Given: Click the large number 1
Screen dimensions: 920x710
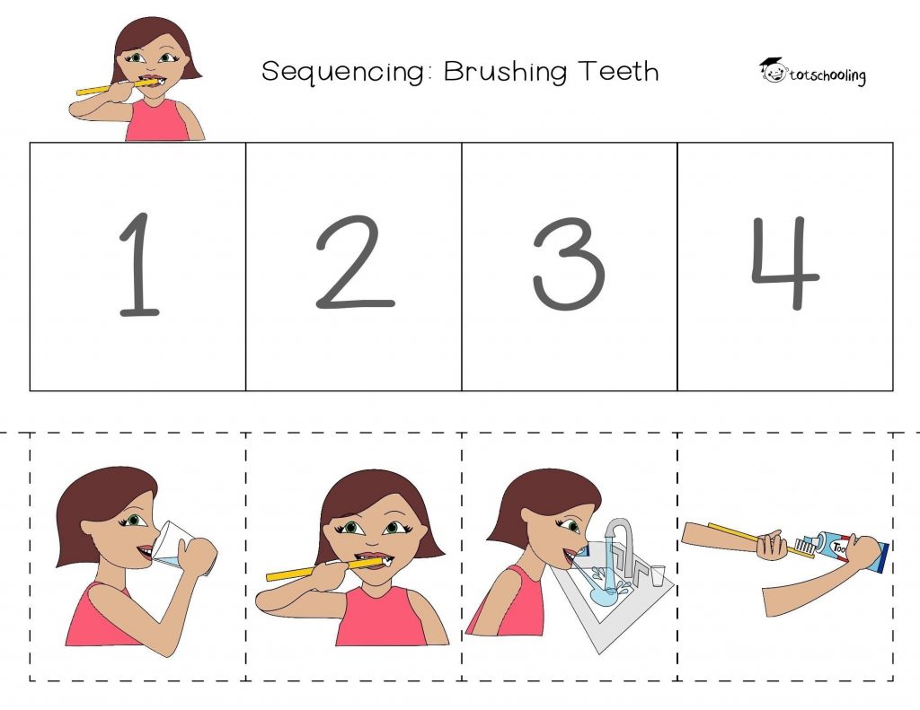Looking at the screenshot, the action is (x=139, y=264).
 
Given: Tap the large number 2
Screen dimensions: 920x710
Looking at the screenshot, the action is (x=354, y=263).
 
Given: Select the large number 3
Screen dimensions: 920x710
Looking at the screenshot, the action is (x=569, y=263).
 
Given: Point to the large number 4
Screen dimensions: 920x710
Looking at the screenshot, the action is (x=786, y=263).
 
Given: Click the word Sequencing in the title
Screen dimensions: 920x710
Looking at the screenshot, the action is (x=343, y=72).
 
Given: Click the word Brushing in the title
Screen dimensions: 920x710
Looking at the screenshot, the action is (x=505, y=72).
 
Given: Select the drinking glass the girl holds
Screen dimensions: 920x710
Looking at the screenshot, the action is (x=181, y=545).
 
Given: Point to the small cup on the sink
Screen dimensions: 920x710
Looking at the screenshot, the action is (x=658, y=575).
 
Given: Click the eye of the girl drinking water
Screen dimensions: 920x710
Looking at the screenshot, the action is (x=135, y=520).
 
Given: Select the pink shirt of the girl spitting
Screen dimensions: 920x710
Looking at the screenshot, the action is (x=509, y=601).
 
